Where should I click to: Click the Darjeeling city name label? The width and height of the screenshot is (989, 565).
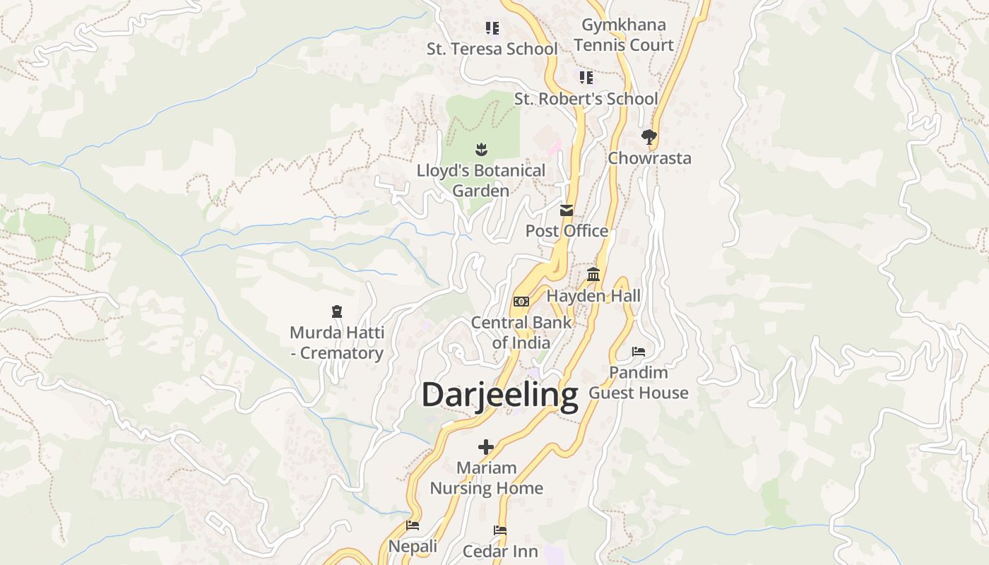pyautogui.click(x=499, y=395)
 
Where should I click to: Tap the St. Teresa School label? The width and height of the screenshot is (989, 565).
pyautogui.click(x=492, y=49)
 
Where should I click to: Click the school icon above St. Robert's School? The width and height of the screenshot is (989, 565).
pyautogui.click(x=586, y=77)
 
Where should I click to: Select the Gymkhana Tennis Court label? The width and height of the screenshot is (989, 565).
pyautogui.click(x=624, y=35)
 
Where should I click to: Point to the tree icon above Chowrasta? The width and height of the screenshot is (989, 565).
pyautogui.click(x=649, y=136)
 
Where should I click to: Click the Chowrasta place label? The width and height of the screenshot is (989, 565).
pyautogui.click(x=649, y=158)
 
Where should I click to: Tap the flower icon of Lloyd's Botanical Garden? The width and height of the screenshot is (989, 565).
pyautogui.click(x=481, y=149)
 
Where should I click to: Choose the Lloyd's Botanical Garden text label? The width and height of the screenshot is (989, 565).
pyautogui.click(x=481, y=181)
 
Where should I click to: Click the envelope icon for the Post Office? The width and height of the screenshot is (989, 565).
pyautogui.click(x=567, y=210)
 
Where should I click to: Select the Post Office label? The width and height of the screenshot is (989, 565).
pyautogui.click(x=567, y=231)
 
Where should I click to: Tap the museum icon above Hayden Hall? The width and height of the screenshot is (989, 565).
pyautogui.click(x=593, y=275)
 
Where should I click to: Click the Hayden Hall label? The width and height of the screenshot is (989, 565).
pyautogui.click(x=593, y=296)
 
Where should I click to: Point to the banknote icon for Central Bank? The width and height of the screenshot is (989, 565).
pyautogui.click(x=521, y=302)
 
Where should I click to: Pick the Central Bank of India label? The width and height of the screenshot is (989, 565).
pyautogui.click(x=521, y=333)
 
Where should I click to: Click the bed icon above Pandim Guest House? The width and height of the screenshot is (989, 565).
pyautogui.click(x=639, y=351)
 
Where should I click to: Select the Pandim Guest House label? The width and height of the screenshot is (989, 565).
pyautogui.click(x=639, y=383)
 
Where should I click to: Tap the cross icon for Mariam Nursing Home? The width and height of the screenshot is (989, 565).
pyautogui.click(x=486, y=447)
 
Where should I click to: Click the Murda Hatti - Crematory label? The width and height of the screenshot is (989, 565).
pyautogui.click(x=337, y=343)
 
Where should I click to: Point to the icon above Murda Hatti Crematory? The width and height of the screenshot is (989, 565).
pyautogui.click(x=337, y=311)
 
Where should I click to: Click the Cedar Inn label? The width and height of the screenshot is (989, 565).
pyautogui.click(x=500, y=551)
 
